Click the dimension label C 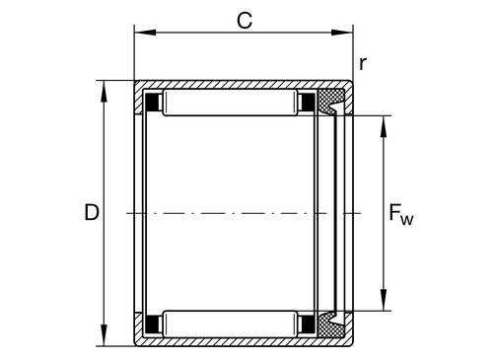click(245, 21)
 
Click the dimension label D click(92, 212)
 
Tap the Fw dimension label click(401, 214)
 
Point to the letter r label click(363, 64)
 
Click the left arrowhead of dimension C click(145, 33)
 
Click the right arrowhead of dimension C click(342, 33)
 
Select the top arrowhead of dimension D click(104, 91)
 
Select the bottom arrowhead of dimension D click(104, 335)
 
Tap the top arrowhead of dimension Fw click(384, 126)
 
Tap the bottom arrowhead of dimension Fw click(384, 300)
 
